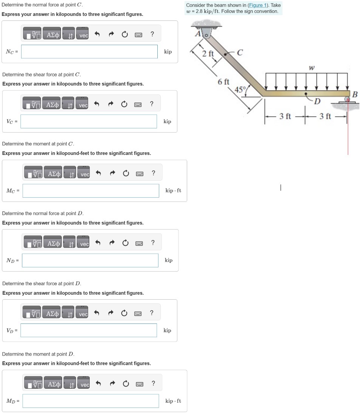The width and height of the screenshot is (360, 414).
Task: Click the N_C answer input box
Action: [x=89, y=52]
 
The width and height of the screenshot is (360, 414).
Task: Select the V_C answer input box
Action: [x=89, y=121]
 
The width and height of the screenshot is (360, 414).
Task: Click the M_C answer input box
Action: [x=91, y=191]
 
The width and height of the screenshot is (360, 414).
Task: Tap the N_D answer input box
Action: [x=90, y=260]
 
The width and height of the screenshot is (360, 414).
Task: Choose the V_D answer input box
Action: [x=89, y=330]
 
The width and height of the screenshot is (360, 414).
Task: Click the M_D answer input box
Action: [x=91, y=401]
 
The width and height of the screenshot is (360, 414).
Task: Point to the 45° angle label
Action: [x=240, y=89]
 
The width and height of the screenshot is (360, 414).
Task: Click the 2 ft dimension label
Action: [x=208, y=54]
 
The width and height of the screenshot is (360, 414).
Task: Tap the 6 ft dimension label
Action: [x=223, y=82]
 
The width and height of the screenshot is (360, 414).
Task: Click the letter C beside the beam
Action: [x=239, y=53]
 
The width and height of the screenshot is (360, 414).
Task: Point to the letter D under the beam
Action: [x=317, y=101]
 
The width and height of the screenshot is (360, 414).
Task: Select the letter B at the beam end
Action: [x=354, y=94]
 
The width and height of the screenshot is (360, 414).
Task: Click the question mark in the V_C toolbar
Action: [x=151, y=103]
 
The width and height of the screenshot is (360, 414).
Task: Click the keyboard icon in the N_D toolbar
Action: [x=139, y=243]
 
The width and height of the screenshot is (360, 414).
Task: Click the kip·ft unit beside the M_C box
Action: [x=173, y=191]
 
